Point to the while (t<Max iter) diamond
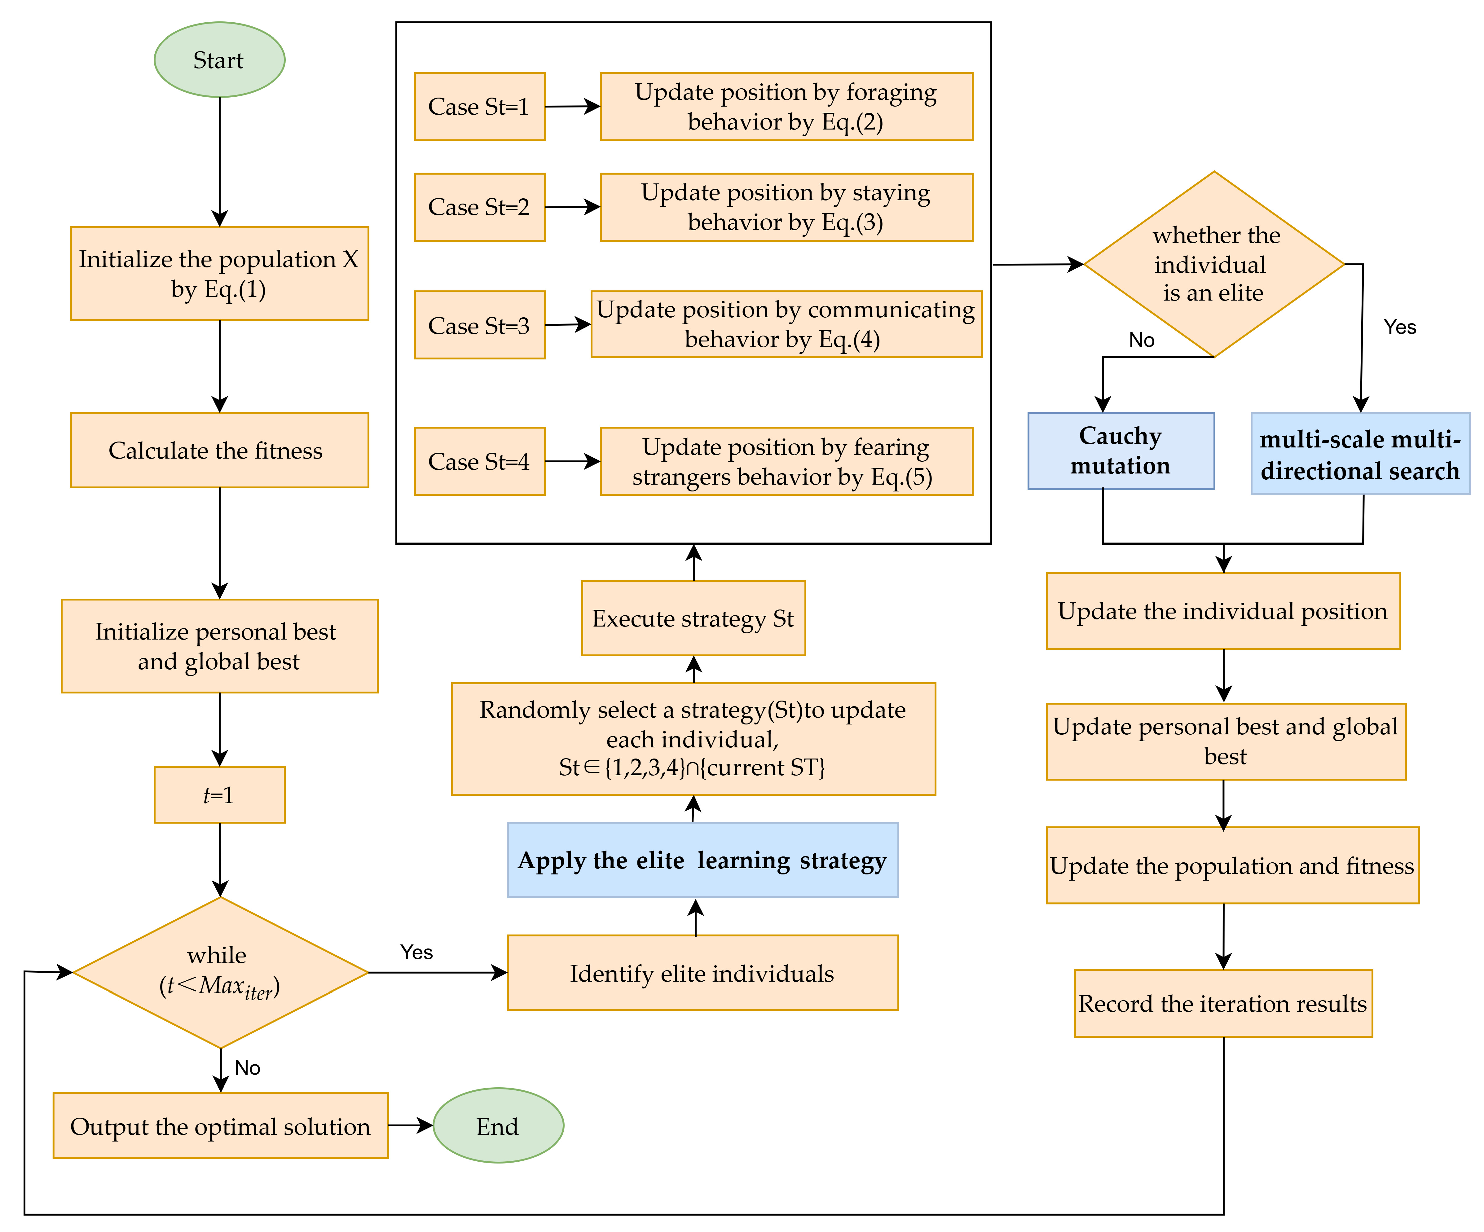(x=221, y=973)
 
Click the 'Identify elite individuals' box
(x=702, y=973)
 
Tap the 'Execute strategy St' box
(x=693, y=618)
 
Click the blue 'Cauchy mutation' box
(x=1121, y=451)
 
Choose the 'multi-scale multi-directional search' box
(x=1360, y=453)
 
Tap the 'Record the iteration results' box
(x=1223, y=1003)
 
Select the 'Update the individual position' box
(x=1223, y=611)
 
